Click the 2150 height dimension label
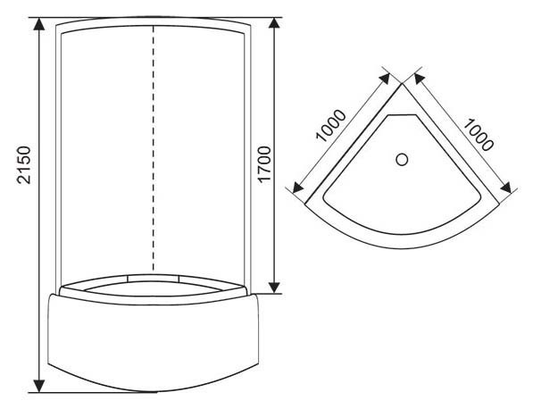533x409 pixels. point(24,165)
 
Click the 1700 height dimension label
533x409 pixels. point(264,165)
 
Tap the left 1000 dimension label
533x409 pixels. point(330,125)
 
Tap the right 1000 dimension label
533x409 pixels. point(478,134)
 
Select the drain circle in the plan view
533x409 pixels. point(402,160)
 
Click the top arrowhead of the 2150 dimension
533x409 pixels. point(39,24)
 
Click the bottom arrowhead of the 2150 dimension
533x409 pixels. point(39,385)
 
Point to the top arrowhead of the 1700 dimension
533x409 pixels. point(274,24)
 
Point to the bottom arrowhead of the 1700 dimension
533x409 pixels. point(274,287)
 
